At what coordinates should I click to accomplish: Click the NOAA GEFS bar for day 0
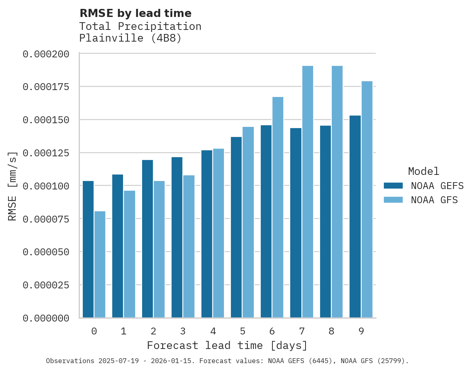88,249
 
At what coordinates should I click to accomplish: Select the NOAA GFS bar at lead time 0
100,264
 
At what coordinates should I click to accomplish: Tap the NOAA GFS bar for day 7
308,192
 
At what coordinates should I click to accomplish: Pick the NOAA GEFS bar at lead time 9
355,216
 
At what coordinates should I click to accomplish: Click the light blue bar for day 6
278,207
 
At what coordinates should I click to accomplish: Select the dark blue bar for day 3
177,237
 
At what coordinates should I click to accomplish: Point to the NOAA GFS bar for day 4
218,233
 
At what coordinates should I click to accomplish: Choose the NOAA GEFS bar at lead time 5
236,227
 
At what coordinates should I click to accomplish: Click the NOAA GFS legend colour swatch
393,200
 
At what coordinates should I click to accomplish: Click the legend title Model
423,171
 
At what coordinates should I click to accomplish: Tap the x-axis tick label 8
331,332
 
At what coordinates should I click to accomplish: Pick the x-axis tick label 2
153,332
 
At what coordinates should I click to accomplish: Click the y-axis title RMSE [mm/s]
13,186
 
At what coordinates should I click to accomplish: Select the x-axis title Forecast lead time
227,346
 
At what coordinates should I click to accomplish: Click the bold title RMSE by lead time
135,13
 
